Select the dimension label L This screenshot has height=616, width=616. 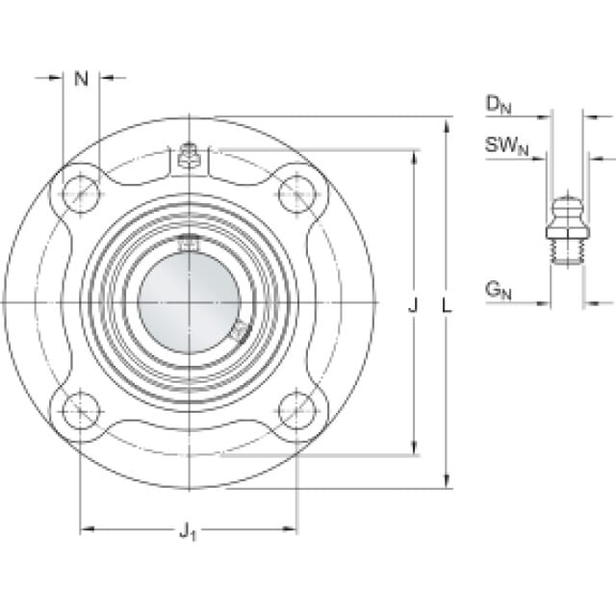tap(446, 305)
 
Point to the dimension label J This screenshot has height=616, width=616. tap(414, 305)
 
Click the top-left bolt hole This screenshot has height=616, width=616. tap(79, 193)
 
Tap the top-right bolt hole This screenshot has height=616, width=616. tap(296, 193)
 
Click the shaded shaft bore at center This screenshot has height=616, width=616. tap(188, 302)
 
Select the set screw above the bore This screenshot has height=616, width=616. tap(189, 244)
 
